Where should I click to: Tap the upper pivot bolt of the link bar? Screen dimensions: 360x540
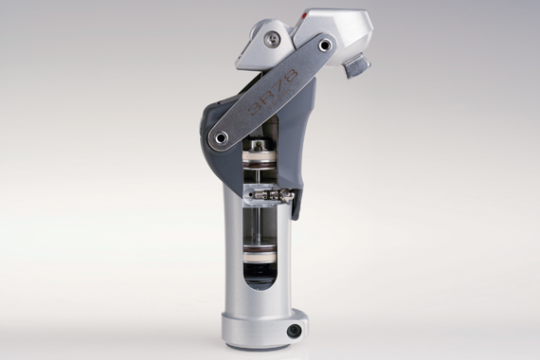pyautogui.click(x=326, y=45)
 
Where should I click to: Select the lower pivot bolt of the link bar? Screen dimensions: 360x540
pyautogui.click(x=221, y=138)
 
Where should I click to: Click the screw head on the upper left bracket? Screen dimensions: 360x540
pyautogui.click(x=271, y=39)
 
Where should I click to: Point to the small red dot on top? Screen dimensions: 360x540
pyautogui.click(x=302, y=17)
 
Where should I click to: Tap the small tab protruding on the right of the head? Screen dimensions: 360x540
pyautogui.click(x=357, y=66)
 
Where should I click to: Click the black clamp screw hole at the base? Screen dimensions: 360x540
pyautogui.click(x=295, y=331)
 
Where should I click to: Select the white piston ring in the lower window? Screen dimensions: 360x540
pyautogui.click(x=259, y=258)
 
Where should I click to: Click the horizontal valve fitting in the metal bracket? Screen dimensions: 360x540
pyautogui.click(x=271, y=196)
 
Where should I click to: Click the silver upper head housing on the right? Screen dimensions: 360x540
pyautogui.click(x=339, y=33)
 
